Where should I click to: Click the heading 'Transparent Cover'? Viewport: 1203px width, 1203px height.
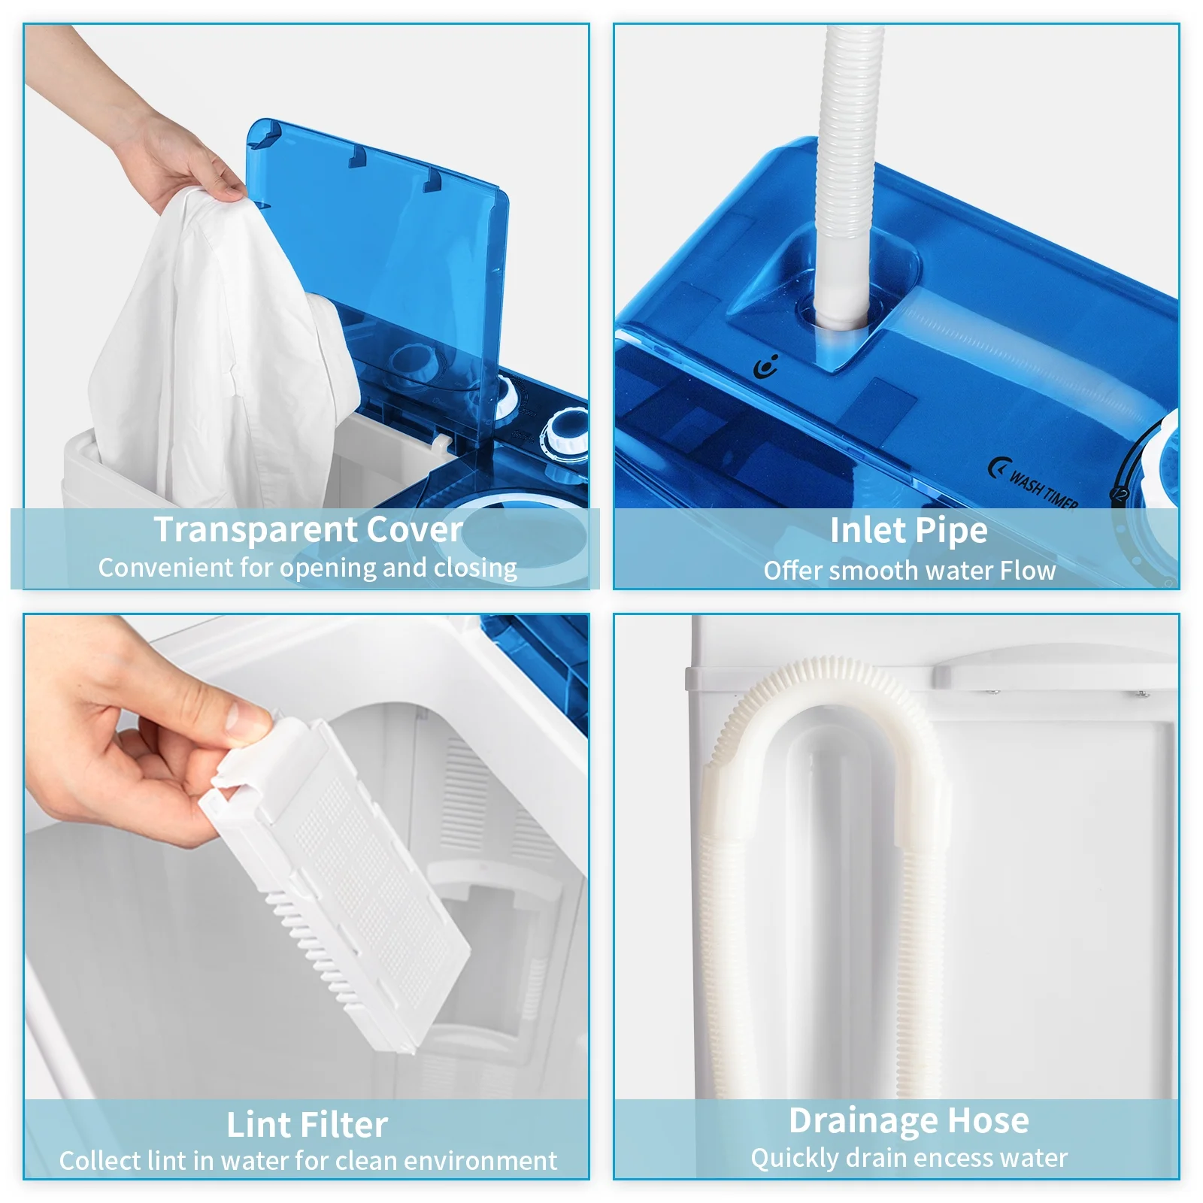pyautogui.click(x=308, y=529)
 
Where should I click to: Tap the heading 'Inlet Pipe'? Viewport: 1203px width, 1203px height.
pyautogui.click(x=908, y=530)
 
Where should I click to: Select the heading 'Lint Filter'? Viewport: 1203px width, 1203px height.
pyautogui.click(x=307, y=1125)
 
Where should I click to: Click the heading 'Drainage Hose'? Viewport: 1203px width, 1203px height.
pyautogui.click(x=908, y=1120)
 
